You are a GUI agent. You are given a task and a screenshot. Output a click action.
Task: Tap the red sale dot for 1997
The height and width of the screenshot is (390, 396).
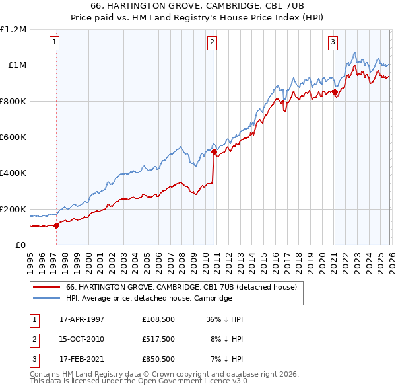pyautogui.click(x=57, y=225)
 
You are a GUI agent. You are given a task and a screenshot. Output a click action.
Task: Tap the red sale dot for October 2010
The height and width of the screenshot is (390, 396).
pyautogui.click(x=214, y=152)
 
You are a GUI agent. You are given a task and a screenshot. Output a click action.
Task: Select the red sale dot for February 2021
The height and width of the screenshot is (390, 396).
pyautogui.click(x=335, y=93)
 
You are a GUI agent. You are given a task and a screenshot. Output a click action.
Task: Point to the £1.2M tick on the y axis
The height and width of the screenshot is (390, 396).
pyautogui.click(x=13, y=30)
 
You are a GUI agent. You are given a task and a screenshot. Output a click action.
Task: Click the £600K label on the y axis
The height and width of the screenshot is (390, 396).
pyautogui.click(x=13, y=137)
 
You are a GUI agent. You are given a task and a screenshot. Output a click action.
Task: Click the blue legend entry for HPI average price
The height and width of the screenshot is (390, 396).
pyautogui.click(x=148, y=298)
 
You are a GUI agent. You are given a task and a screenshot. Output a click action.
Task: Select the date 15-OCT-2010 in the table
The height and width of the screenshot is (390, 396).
pyautogui.click(x=82, y=339)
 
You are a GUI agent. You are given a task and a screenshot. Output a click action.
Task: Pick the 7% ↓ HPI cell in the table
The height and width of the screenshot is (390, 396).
pyautogui.click(x=228, y=359)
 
